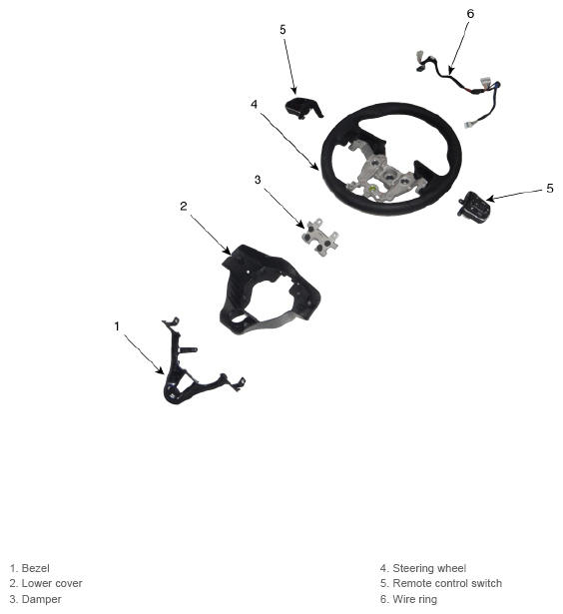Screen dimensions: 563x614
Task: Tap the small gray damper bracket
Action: (x=319, y=238)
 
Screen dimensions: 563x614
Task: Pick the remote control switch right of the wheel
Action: (x=472, y=207)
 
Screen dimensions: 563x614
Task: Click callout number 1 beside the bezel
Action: (x=117, y=325)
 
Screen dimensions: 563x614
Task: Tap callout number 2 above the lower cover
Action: (x=184, y=206)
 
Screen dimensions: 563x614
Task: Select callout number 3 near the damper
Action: (x=258, y=180)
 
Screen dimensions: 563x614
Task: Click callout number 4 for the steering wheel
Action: (x=255, y=104)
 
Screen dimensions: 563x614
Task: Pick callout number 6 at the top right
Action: (x=470, y=14)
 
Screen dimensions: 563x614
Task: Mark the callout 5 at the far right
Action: (x=550, y=189)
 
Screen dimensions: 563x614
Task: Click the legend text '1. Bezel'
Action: (x=30, y=568)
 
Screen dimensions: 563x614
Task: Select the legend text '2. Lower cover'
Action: (x=46, y=583)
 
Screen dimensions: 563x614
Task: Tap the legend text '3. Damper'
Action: (x=35, y=599)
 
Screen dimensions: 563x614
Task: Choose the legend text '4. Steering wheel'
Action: (x=423, y=568)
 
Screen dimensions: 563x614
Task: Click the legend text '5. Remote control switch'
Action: (x=441, y=583)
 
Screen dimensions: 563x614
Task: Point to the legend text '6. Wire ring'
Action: (x=408, y=599)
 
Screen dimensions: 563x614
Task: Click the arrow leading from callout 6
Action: (x=458, y=47)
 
